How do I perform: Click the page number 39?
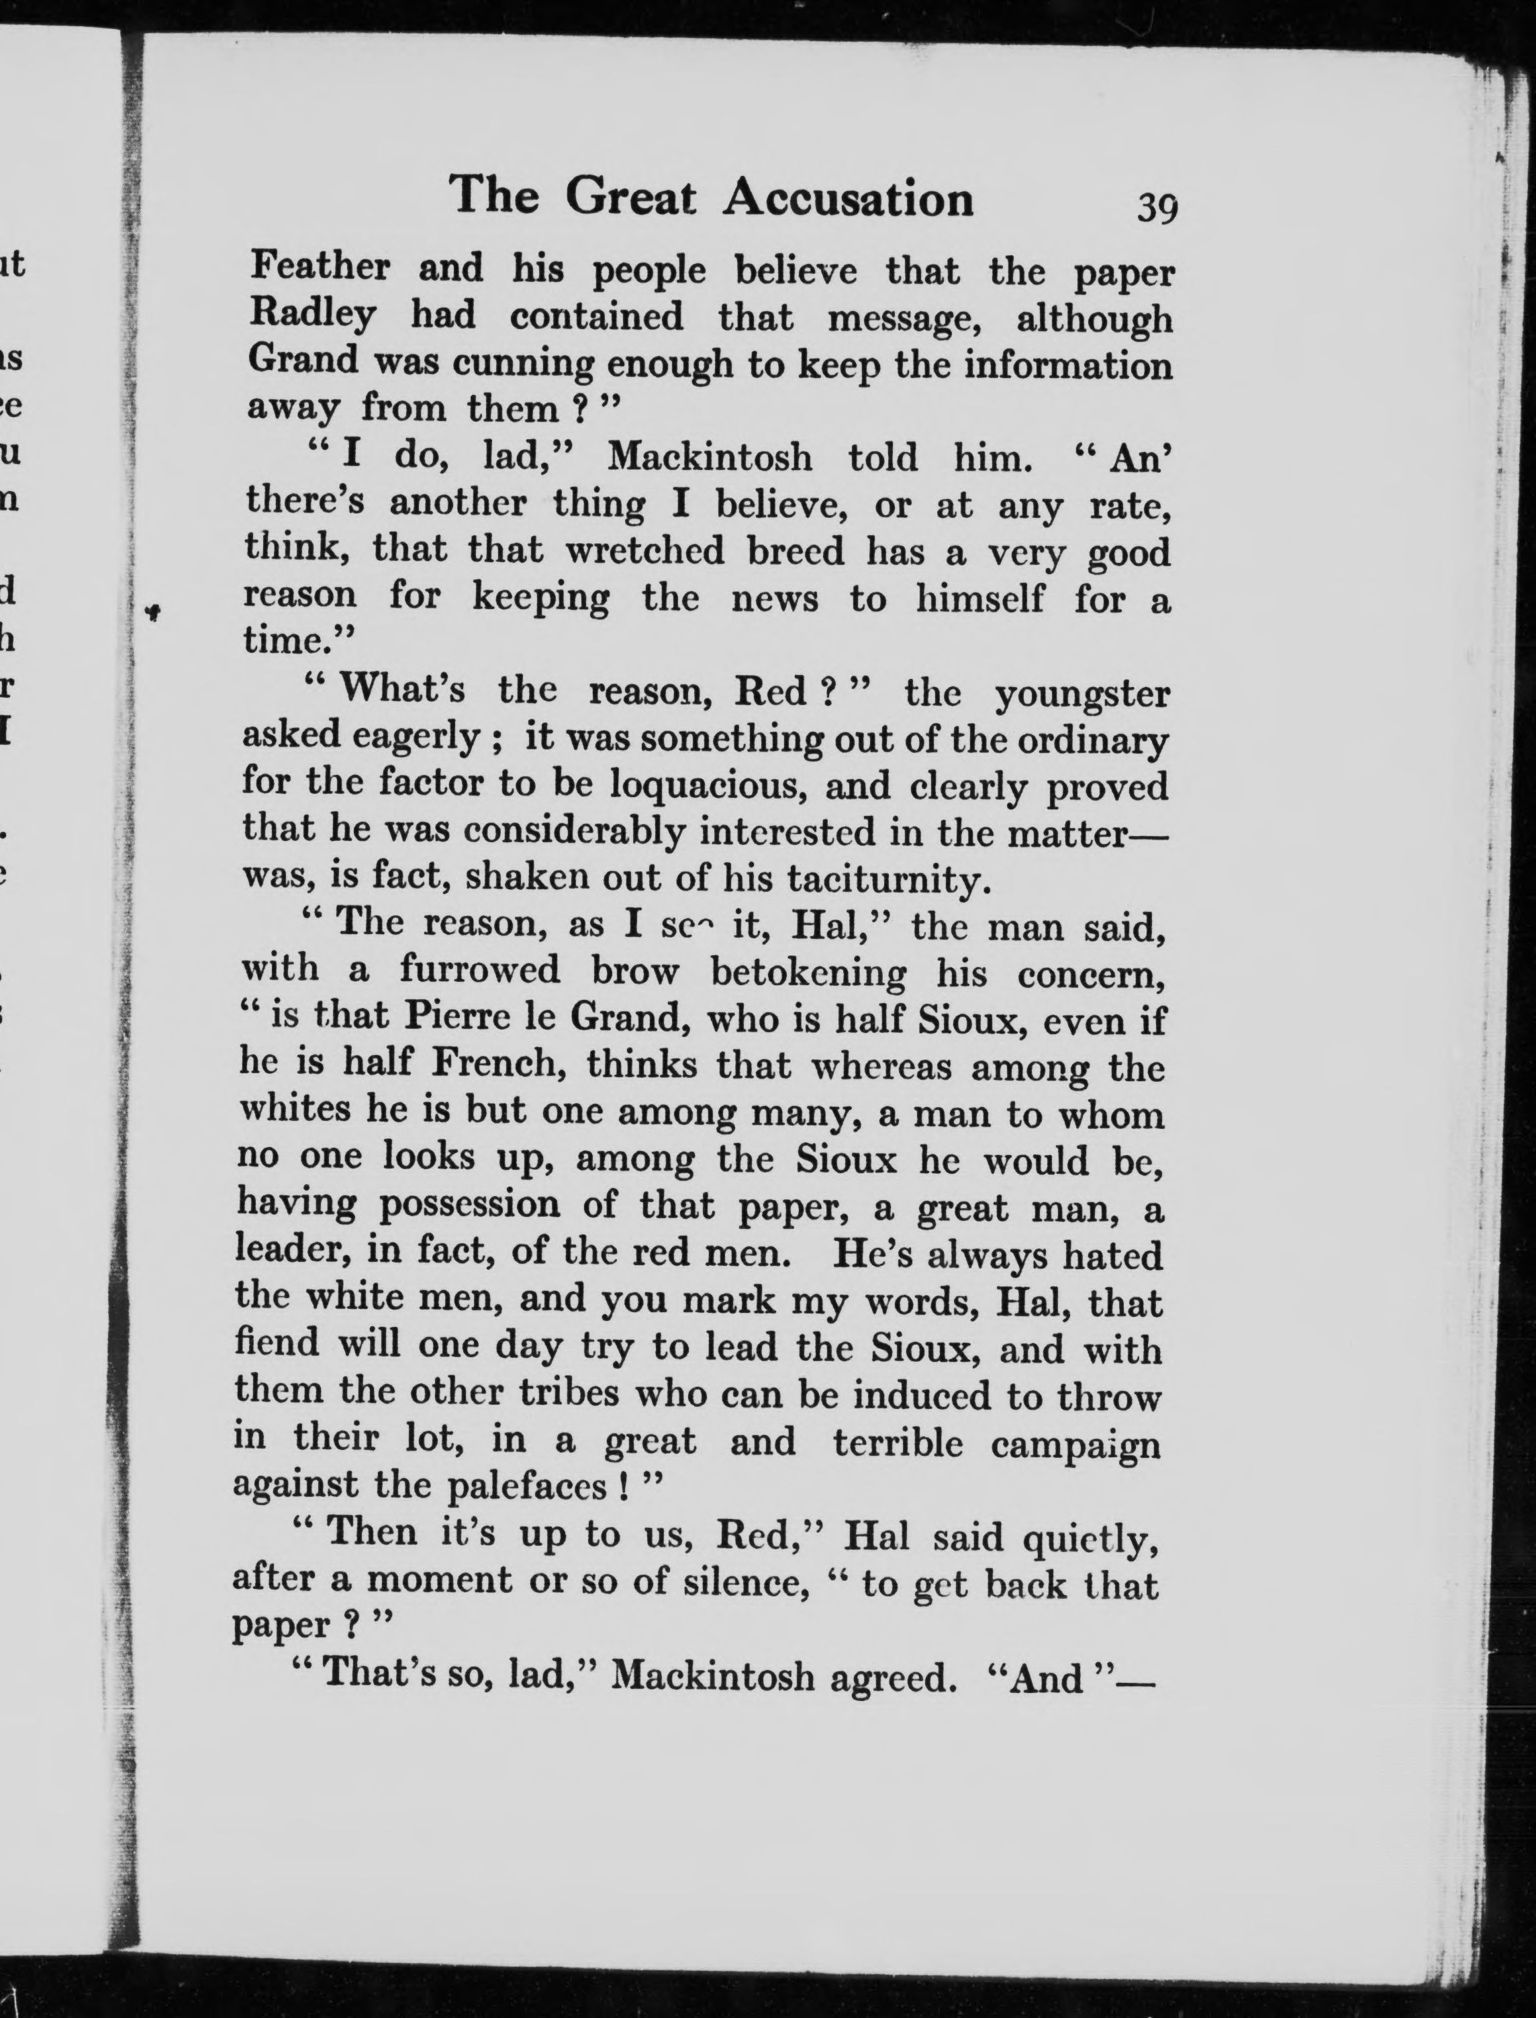1157,208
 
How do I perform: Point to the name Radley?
311,316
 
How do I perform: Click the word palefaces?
526,1487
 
